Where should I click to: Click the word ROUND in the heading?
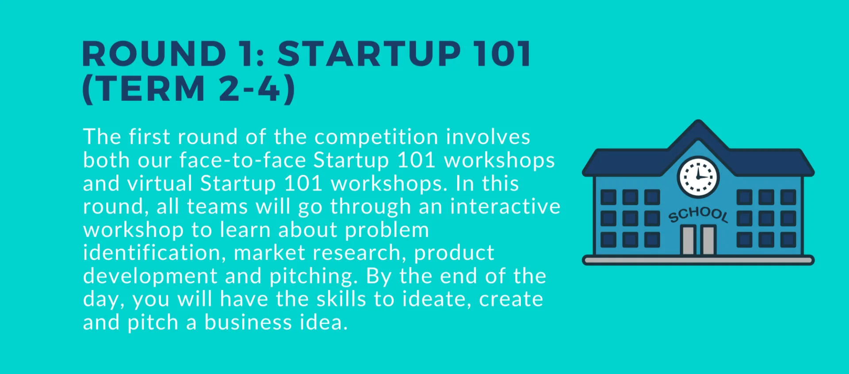pos(154,54)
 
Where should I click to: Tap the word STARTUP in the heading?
pos(369,54)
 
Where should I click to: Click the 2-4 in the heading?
pos(250,88)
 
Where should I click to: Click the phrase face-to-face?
pos(243,160)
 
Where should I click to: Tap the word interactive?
pos(505,206)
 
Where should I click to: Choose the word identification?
pos(152,252)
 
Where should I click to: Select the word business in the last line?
pos(248,322)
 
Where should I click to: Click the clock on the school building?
pos(698,177)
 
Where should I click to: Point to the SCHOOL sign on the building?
pos(698,214)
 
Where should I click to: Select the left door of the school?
pos(688,240)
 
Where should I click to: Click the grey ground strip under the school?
pos(698,260)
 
